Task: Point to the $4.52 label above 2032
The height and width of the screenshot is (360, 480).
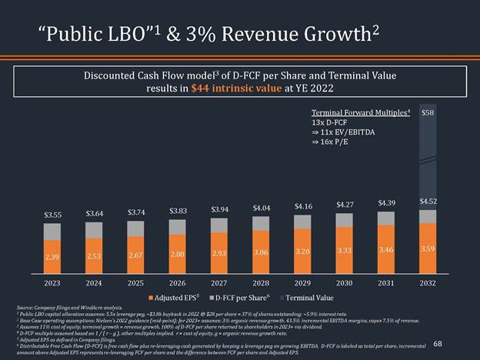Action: [428, 201]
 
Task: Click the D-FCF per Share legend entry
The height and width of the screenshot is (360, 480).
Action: [245, 296]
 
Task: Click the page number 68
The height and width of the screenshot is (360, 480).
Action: [437, 344]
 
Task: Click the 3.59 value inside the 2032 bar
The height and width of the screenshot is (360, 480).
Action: [428, 248]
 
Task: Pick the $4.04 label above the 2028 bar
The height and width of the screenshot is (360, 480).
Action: [261, 208]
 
